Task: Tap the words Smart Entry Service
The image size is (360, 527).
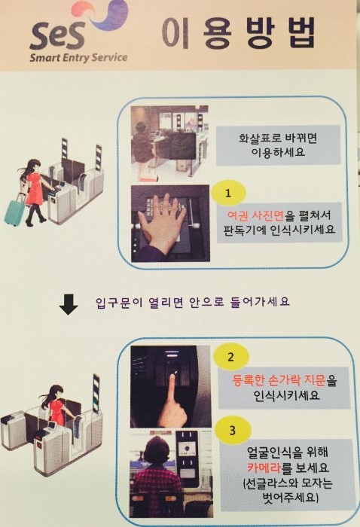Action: [x=78, y=57]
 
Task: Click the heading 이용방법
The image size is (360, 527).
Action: [x=238, y=32]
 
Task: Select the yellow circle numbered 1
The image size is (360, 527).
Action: [x=228, y=193]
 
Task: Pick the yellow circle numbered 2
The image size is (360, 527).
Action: [x=230, y=357]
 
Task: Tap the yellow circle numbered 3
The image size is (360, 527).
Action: [x=233, y=431]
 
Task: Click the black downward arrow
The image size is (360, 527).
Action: [x=69, y=305]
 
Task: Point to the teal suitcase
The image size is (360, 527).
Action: [x=14, y=211]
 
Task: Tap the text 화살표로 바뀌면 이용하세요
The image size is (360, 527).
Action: [x=278, y=145]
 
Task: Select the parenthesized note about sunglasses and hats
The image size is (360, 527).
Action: [x=288, y=490]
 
